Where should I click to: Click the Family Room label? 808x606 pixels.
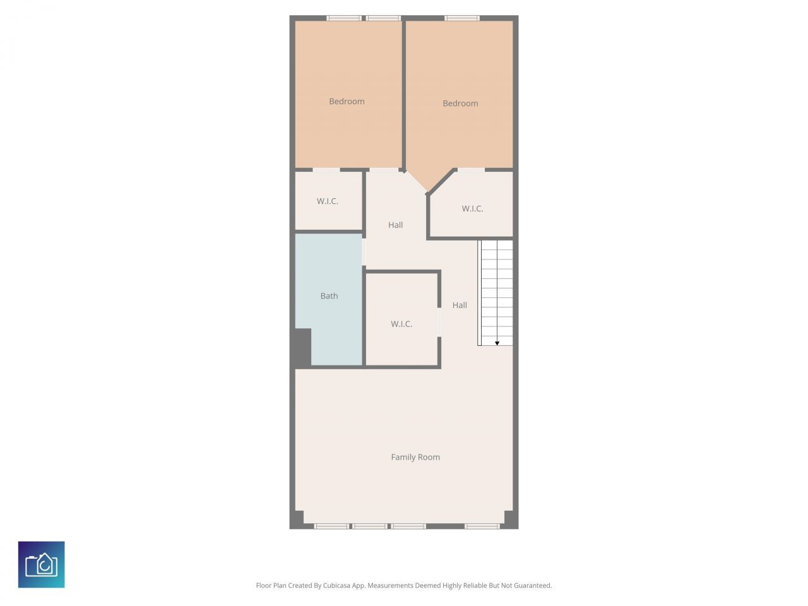[x=415, y=457]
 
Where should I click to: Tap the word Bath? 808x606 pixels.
[x=329, y=295]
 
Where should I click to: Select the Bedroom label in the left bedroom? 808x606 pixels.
[x=347, y=101]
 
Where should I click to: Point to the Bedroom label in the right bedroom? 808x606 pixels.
[x=460, y=103]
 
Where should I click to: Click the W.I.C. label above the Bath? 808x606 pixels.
[x=328, y=201]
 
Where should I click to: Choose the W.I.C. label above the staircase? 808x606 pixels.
[x=472, y=208]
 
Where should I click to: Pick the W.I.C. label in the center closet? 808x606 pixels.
[x=401, y=324]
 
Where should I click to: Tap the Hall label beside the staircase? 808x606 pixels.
[x=460, y=305]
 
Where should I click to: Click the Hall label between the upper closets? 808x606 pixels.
[x=396, y=225]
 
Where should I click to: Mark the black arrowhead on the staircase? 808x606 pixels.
[x=497, y=343]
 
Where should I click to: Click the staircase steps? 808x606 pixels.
[x=496, y=290]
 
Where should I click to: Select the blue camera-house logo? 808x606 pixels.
[x=41, y=564]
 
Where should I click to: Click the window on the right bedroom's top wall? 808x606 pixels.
[x=462, y=18]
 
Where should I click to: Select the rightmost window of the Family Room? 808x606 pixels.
[x=482, y=526]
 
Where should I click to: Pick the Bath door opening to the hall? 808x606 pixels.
[x=364, y=252]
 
